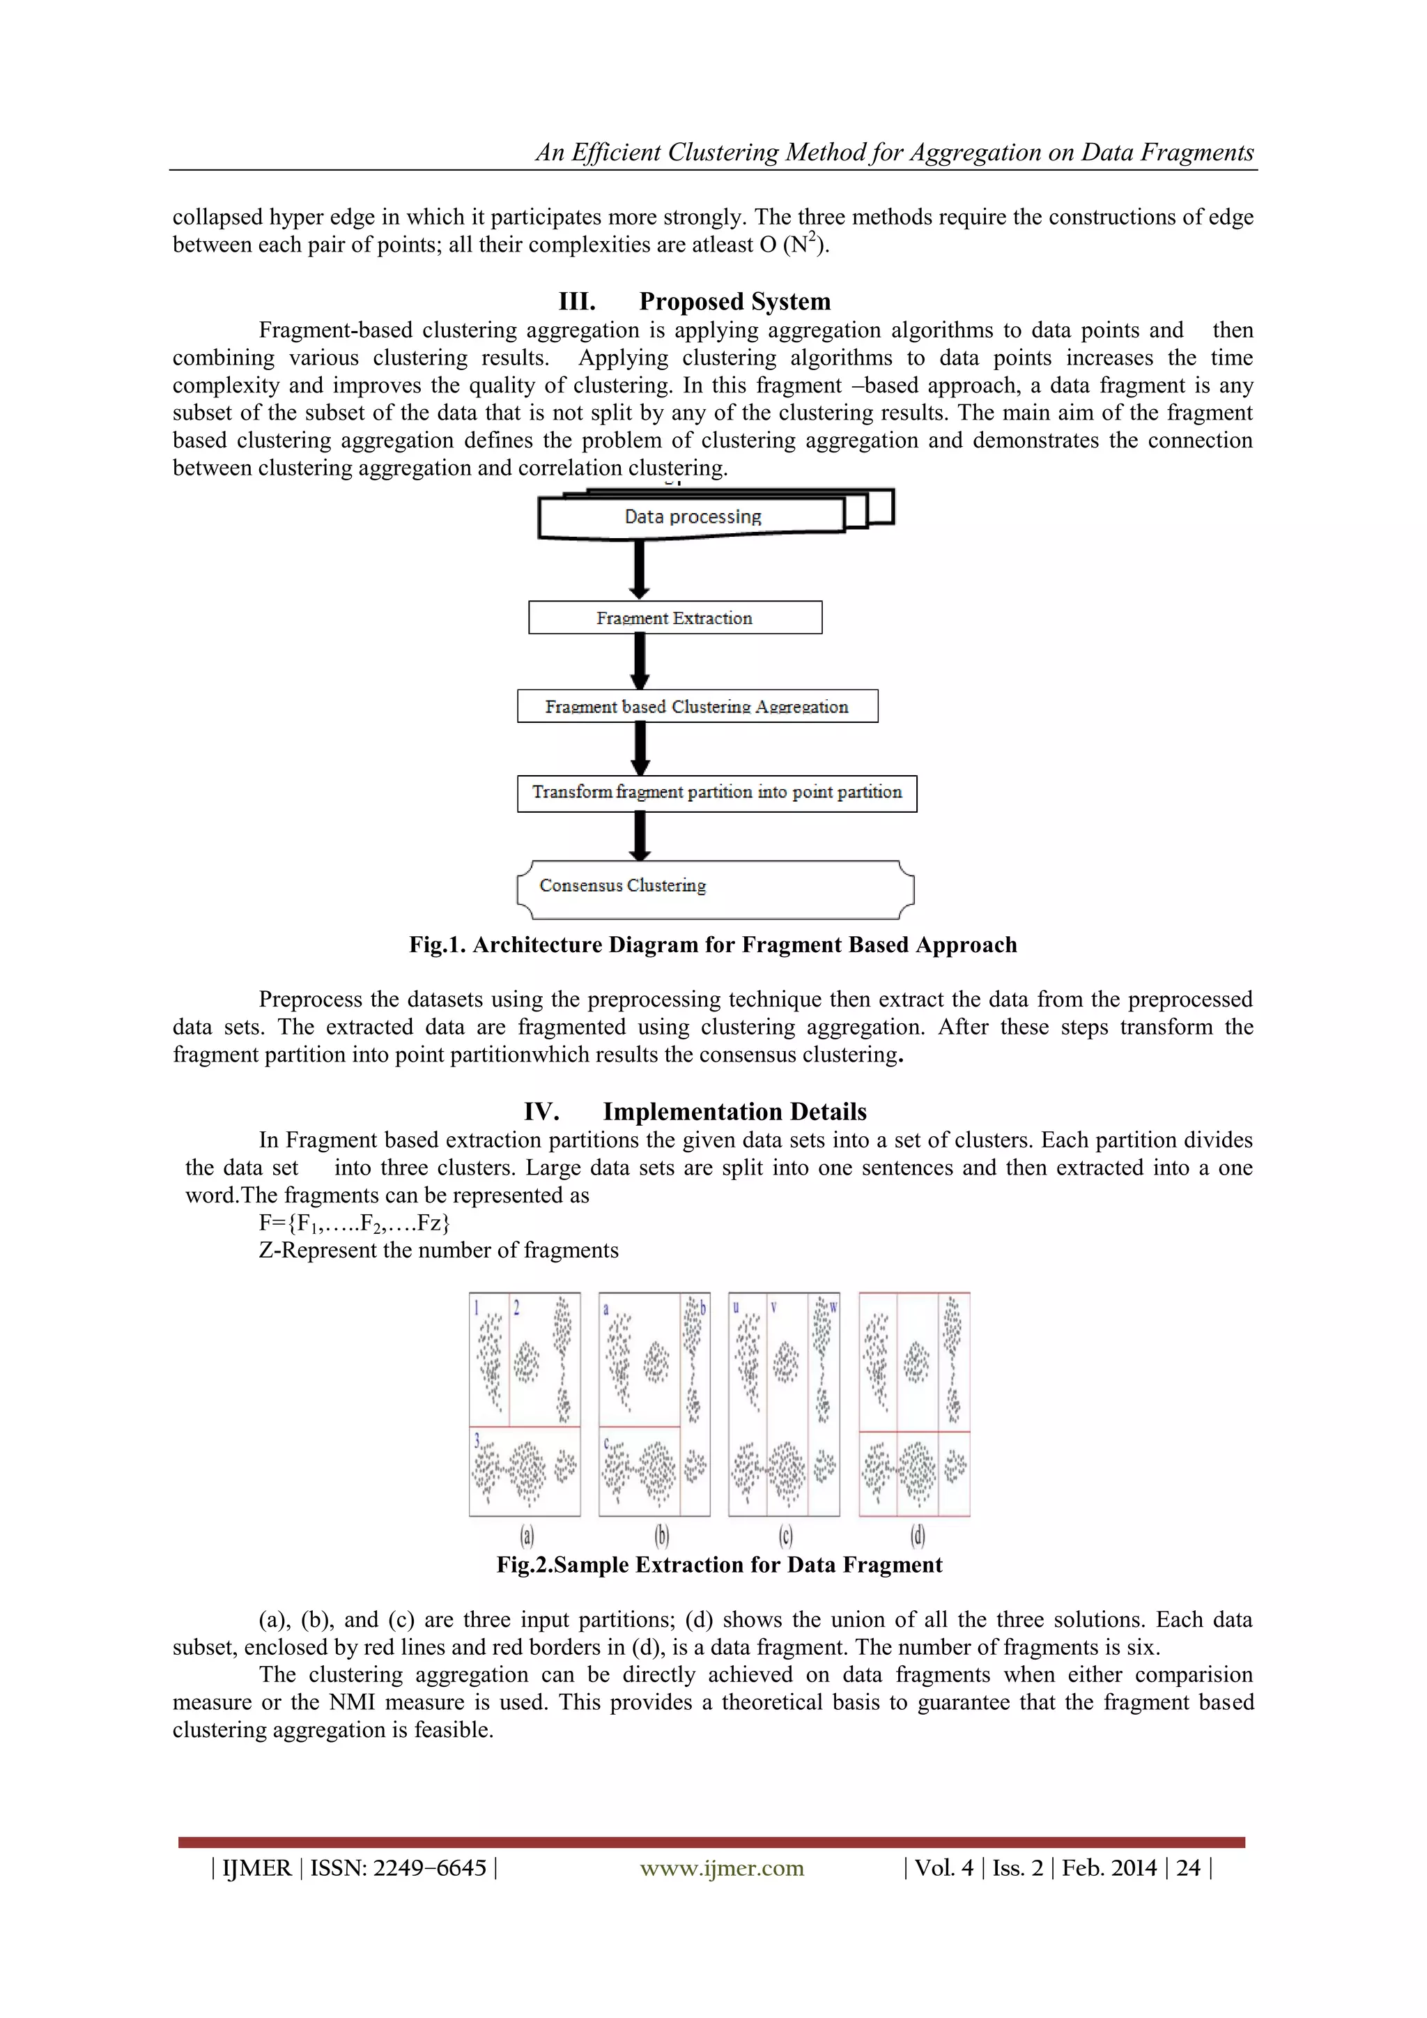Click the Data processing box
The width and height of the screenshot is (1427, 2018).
click(693, 517)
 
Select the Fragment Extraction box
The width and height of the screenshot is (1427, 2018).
click(675, 618)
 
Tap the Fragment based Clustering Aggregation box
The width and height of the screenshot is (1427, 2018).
click(697, 707)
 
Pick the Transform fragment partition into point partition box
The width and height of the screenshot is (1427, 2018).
click(716, 793)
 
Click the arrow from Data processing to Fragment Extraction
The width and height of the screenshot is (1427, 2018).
click(640, 569)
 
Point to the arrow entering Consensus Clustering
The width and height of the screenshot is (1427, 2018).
click(640, 835)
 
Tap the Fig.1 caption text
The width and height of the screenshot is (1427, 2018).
click(713, 945)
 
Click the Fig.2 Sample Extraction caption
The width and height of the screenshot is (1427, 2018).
click(719, 1566)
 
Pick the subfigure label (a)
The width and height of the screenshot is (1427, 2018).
click(526, 1536)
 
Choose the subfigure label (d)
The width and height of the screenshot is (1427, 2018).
click(918, 1536)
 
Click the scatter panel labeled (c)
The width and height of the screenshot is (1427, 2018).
click(784, 1405)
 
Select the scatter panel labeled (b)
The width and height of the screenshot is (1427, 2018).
click(655, 1405)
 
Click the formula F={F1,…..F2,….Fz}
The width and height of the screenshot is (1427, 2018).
click(354, 1223)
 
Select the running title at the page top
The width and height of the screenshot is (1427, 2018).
click(895, 153)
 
